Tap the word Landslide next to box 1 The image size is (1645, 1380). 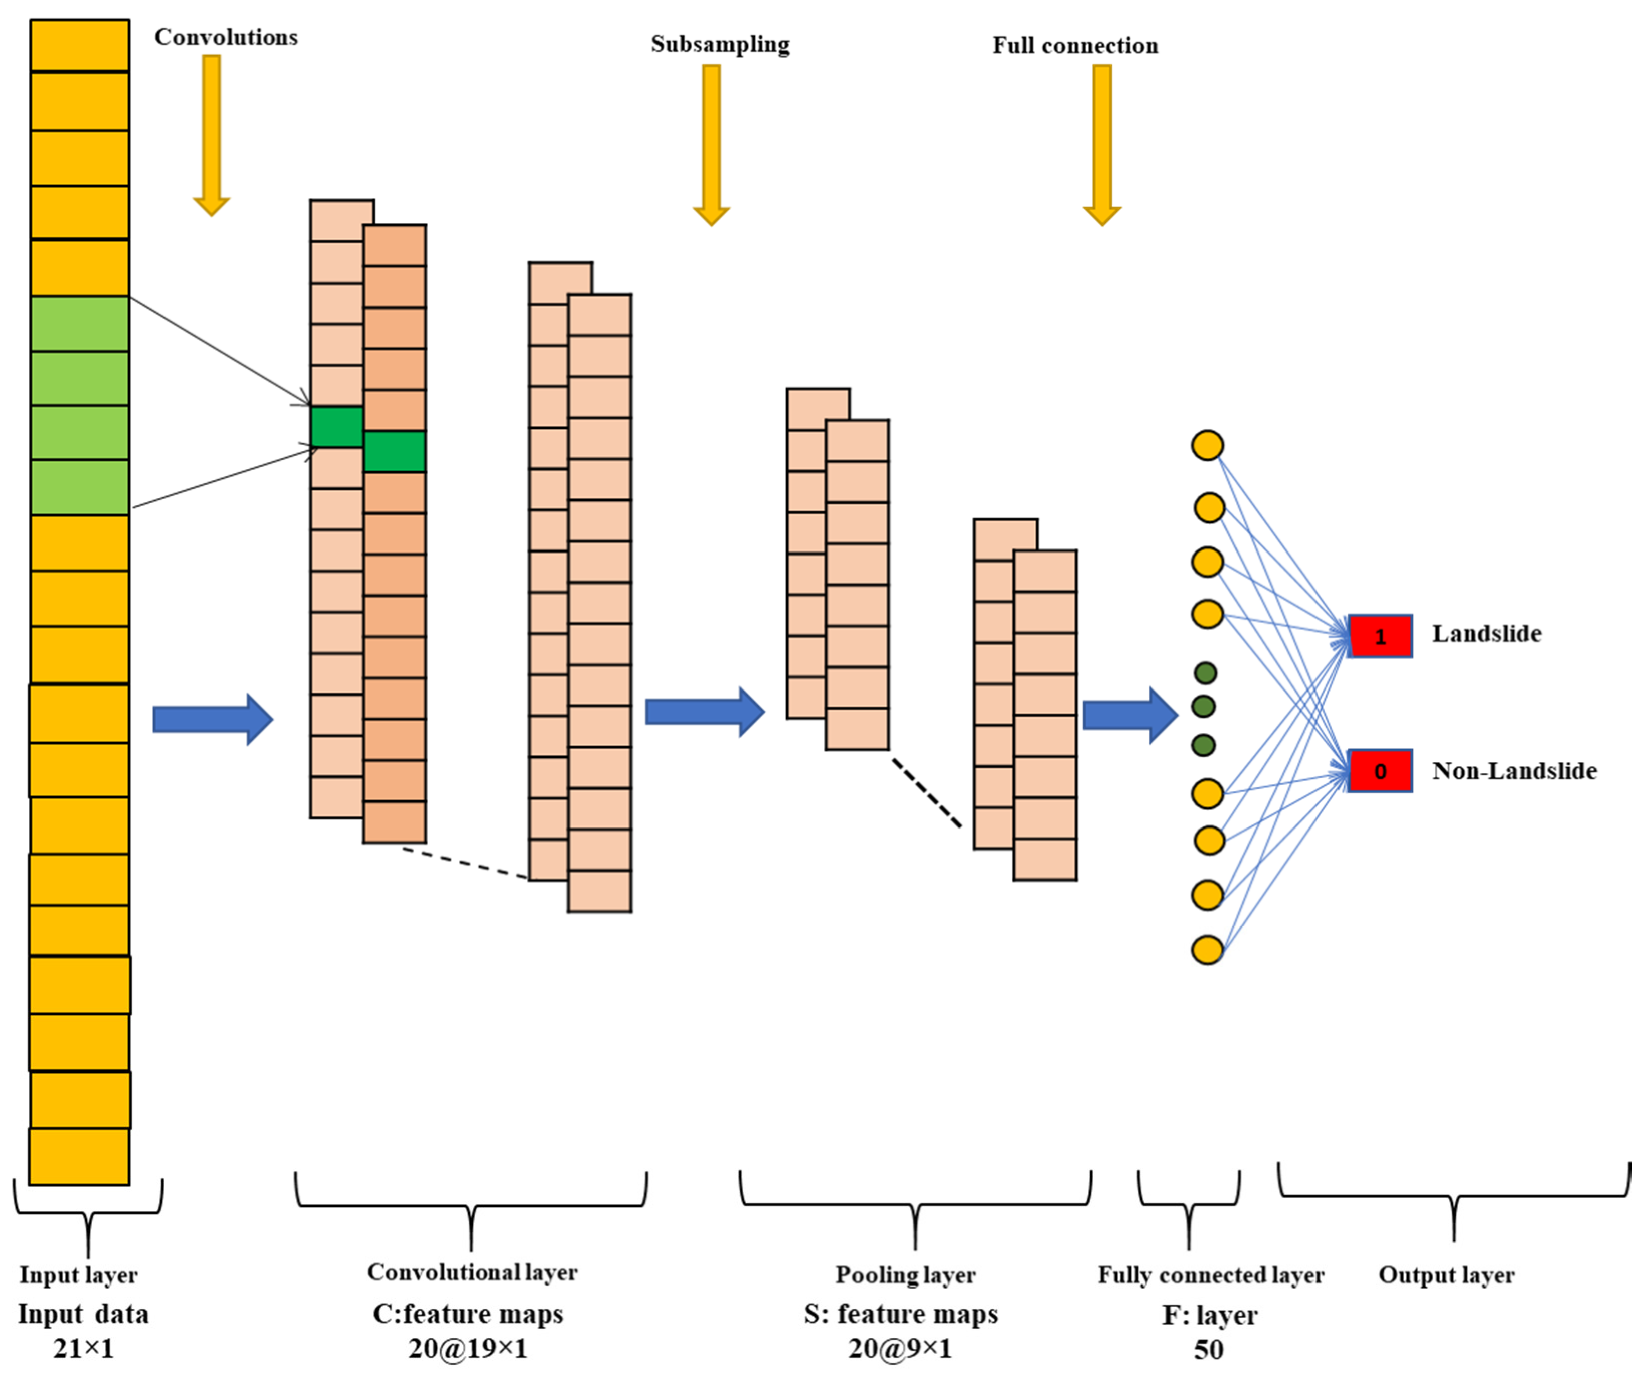[x=1486, y=633]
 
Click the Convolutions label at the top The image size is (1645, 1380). [x=226, y=37]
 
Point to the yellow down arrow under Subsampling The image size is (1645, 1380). [x=711, y=141]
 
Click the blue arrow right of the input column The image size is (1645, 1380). [x=212, y=719]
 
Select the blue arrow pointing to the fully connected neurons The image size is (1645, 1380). [x=1129, y=715]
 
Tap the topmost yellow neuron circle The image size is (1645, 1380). [x=1207, y=445]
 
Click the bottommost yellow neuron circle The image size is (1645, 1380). [x=1207, y=950]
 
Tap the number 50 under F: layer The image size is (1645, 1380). [x=1209, y=1349]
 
